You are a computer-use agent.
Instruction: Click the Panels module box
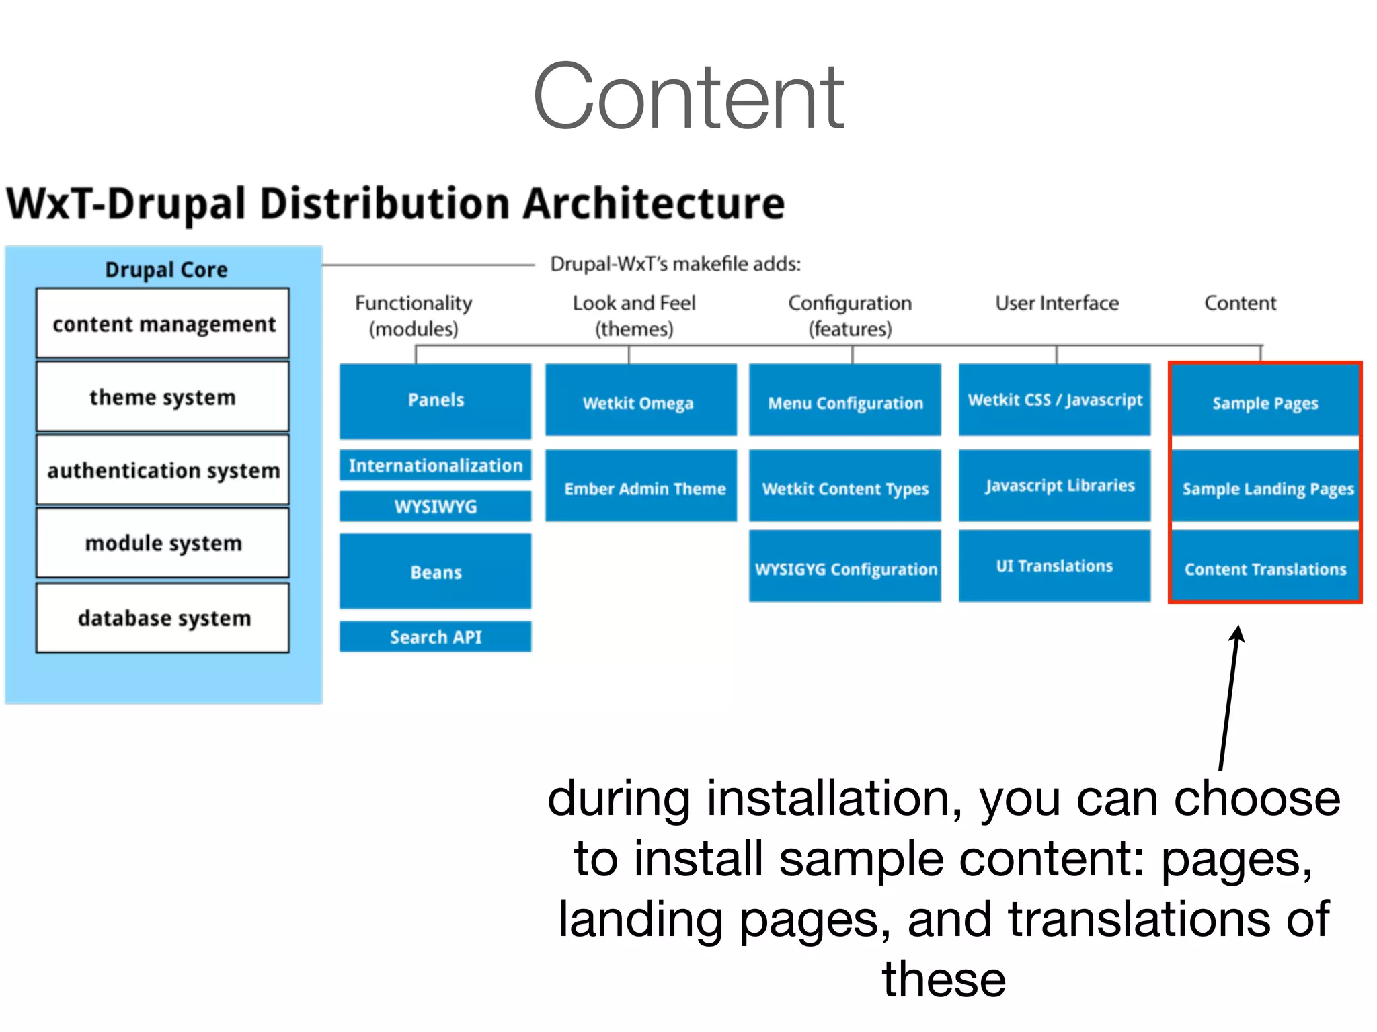click(435, 400)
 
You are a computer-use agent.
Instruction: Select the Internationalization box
click(435, 465)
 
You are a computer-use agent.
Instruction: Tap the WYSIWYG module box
click(435, 506)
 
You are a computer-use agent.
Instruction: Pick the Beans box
click(435, 572)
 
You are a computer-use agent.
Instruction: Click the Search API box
click(435, 636)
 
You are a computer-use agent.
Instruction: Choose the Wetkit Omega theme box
click(640, 401)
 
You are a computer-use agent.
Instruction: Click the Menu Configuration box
click(844, 401)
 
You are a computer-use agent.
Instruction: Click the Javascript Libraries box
click(1054, 485)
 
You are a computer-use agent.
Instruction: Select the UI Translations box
click(1054, 566)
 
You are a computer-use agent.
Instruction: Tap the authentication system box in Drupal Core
click(163, 470)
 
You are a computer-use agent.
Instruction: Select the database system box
click(163, 617)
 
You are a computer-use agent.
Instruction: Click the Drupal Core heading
click(166, 269)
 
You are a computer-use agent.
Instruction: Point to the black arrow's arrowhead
click(1237, 634)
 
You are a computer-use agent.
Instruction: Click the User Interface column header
click(1056, 303)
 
